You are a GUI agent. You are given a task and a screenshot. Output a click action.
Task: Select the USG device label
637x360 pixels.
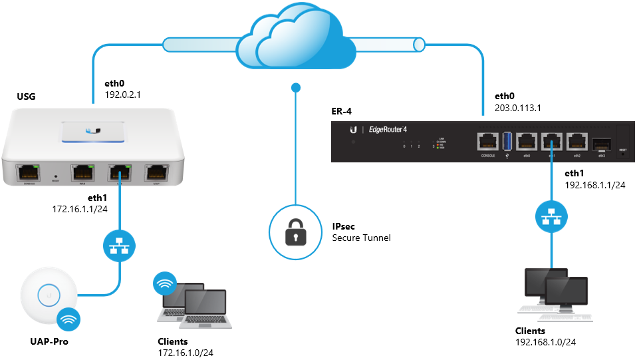(x=26, y=98)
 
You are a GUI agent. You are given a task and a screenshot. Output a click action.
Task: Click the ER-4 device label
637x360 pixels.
(x=341, y=110)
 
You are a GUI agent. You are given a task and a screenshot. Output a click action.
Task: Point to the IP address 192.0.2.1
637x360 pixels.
(x=123, y=94)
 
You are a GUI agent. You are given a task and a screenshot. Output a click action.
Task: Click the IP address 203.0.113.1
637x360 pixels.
(x=518, y=106)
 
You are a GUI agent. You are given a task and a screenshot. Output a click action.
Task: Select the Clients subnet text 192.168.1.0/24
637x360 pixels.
(x=545, y=342)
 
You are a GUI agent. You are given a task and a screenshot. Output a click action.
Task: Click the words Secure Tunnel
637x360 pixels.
(x=361, y=238)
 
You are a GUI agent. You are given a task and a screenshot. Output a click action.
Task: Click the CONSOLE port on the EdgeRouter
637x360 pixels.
(x=487, y=142)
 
